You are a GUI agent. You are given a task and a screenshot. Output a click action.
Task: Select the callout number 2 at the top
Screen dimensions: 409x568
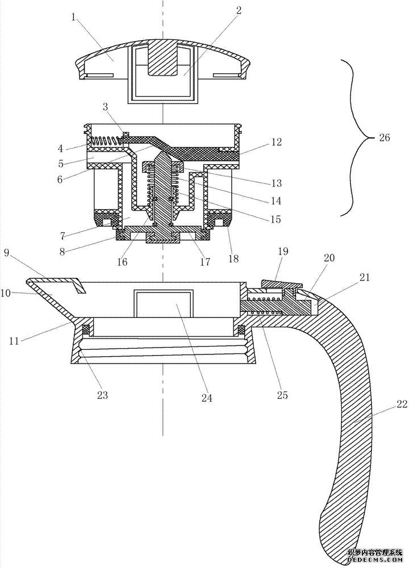(239, 10)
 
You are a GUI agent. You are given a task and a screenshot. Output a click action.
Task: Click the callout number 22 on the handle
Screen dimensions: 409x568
(402, 405)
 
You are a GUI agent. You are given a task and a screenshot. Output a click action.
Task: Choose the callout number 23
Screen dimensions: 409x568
(102, 395)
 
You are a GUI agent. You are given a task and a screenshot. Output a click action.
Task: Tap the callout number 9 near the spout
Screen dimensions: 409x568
(7, 253)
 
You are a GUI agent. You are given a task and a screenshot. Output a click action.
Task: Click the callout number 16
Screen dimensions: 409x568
(123, 262)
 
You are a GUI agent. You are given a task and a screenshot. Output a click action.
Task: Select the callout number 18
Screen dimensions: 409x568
(234, 259)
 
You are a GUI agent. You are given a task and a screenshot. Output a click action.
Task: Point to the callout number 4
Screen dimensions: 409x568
(61, 148)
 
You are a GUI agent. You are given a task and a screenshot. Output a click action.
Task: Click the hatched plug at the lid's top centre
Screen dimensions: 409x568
(163, 57)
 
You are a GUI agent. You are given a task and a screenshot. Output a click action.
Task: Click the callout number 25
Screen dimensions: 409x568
(282, 395)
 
